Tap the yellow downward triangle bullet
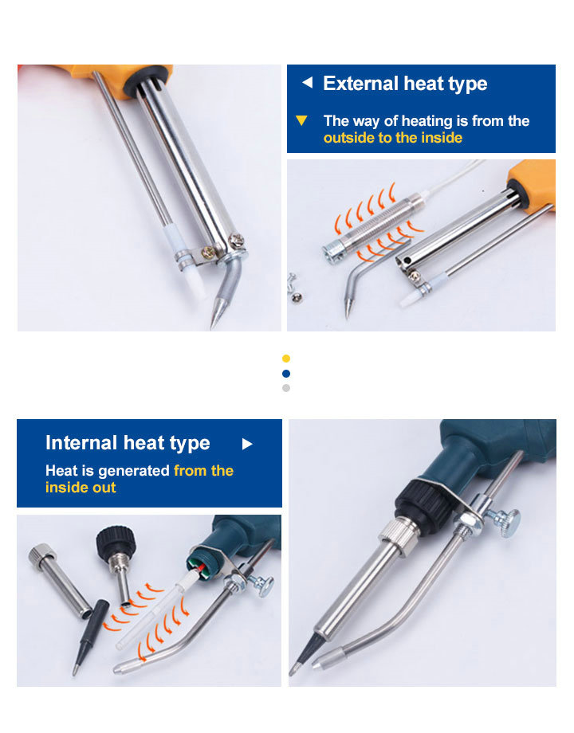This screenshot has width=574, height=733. pos(301,120)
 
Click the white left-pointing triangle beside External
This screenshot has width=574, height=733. pos(308,83)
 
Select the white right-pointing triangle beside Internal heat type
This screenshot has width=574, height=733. pos(247,444)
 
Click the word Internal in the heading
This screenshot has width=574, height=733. pos(81,443)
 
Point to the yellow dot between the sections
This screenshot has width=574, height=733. pos(286,359)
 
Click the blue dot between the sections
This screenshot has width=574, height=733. pos(286,374)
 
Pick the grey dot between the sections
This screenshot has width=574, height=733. pos(286,388)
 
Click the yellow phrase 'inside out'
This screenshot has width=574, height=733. pos(81,488)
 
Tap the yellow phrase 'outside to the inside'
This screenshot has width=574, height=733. pos(393,138)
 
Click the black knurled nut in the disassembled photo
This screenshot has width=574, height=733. pos(116,541)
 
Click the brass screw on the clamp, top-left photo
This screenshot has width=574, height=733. pos(207,252)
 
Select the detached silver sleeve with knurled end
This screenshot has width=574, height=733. pos(60,581)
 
